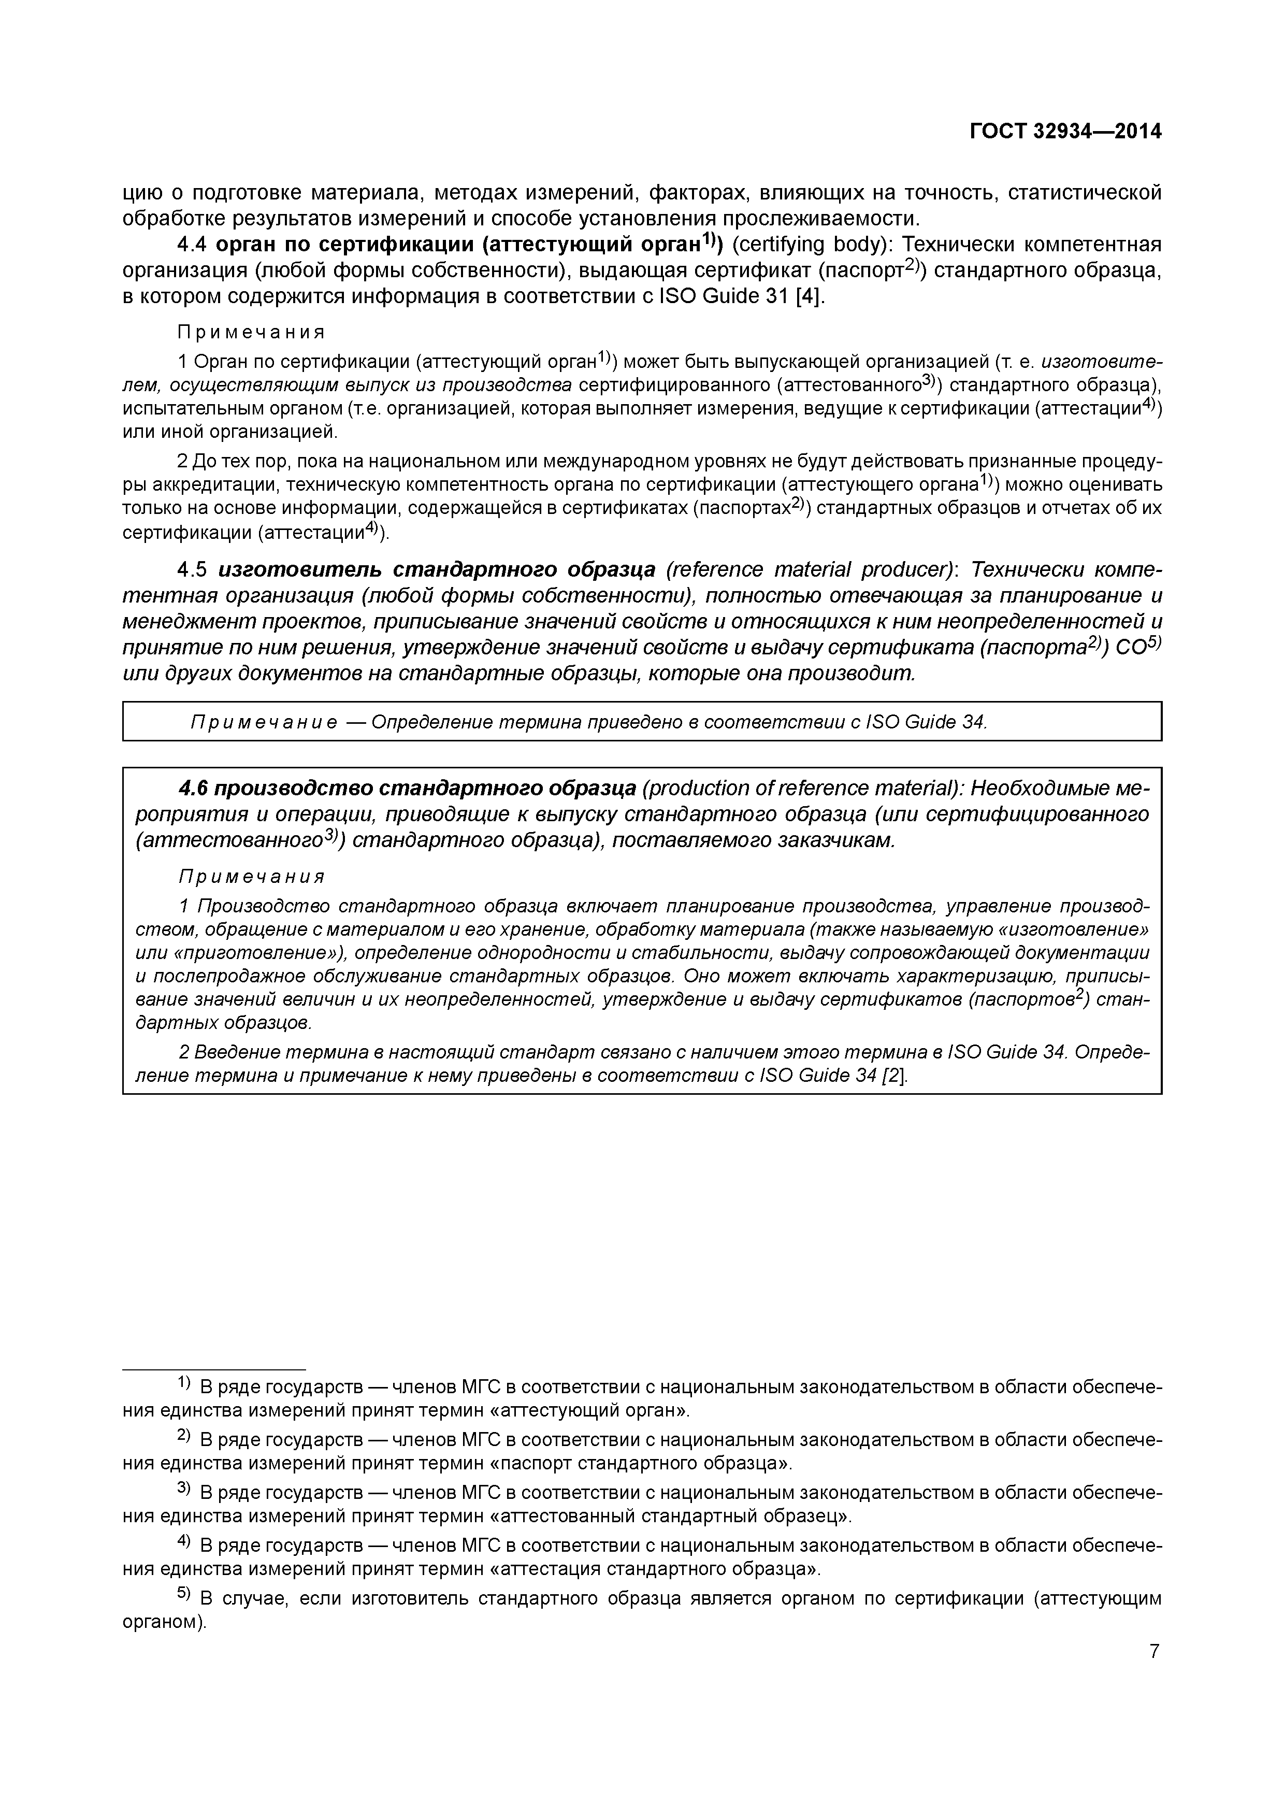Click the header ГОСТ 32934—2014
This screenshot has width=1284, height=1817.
pyautogui.click(x=1065, y=132)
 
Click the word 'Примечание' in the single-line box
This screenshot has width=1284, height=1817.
pyautogui.click(x=264, y=723)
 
